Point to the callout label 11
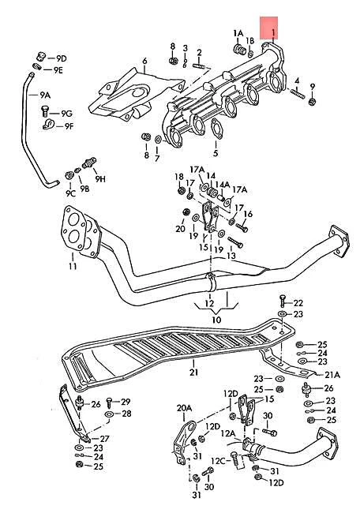click(x=72, y=267)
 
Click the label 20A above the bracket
click(x=184, y=408)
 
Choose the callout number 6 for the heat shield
click(x=145, y=61)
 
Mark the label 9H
click(x=100, y=179)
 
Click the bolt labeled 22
click(x=282, y=303)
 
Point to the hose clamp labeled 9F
click(x=48, y=125)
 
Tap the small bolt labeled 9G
click(x=47, y=110)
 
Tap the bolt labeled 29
click(x=108, y=403)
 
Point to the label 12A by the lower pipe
click(x=227, y=433)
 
